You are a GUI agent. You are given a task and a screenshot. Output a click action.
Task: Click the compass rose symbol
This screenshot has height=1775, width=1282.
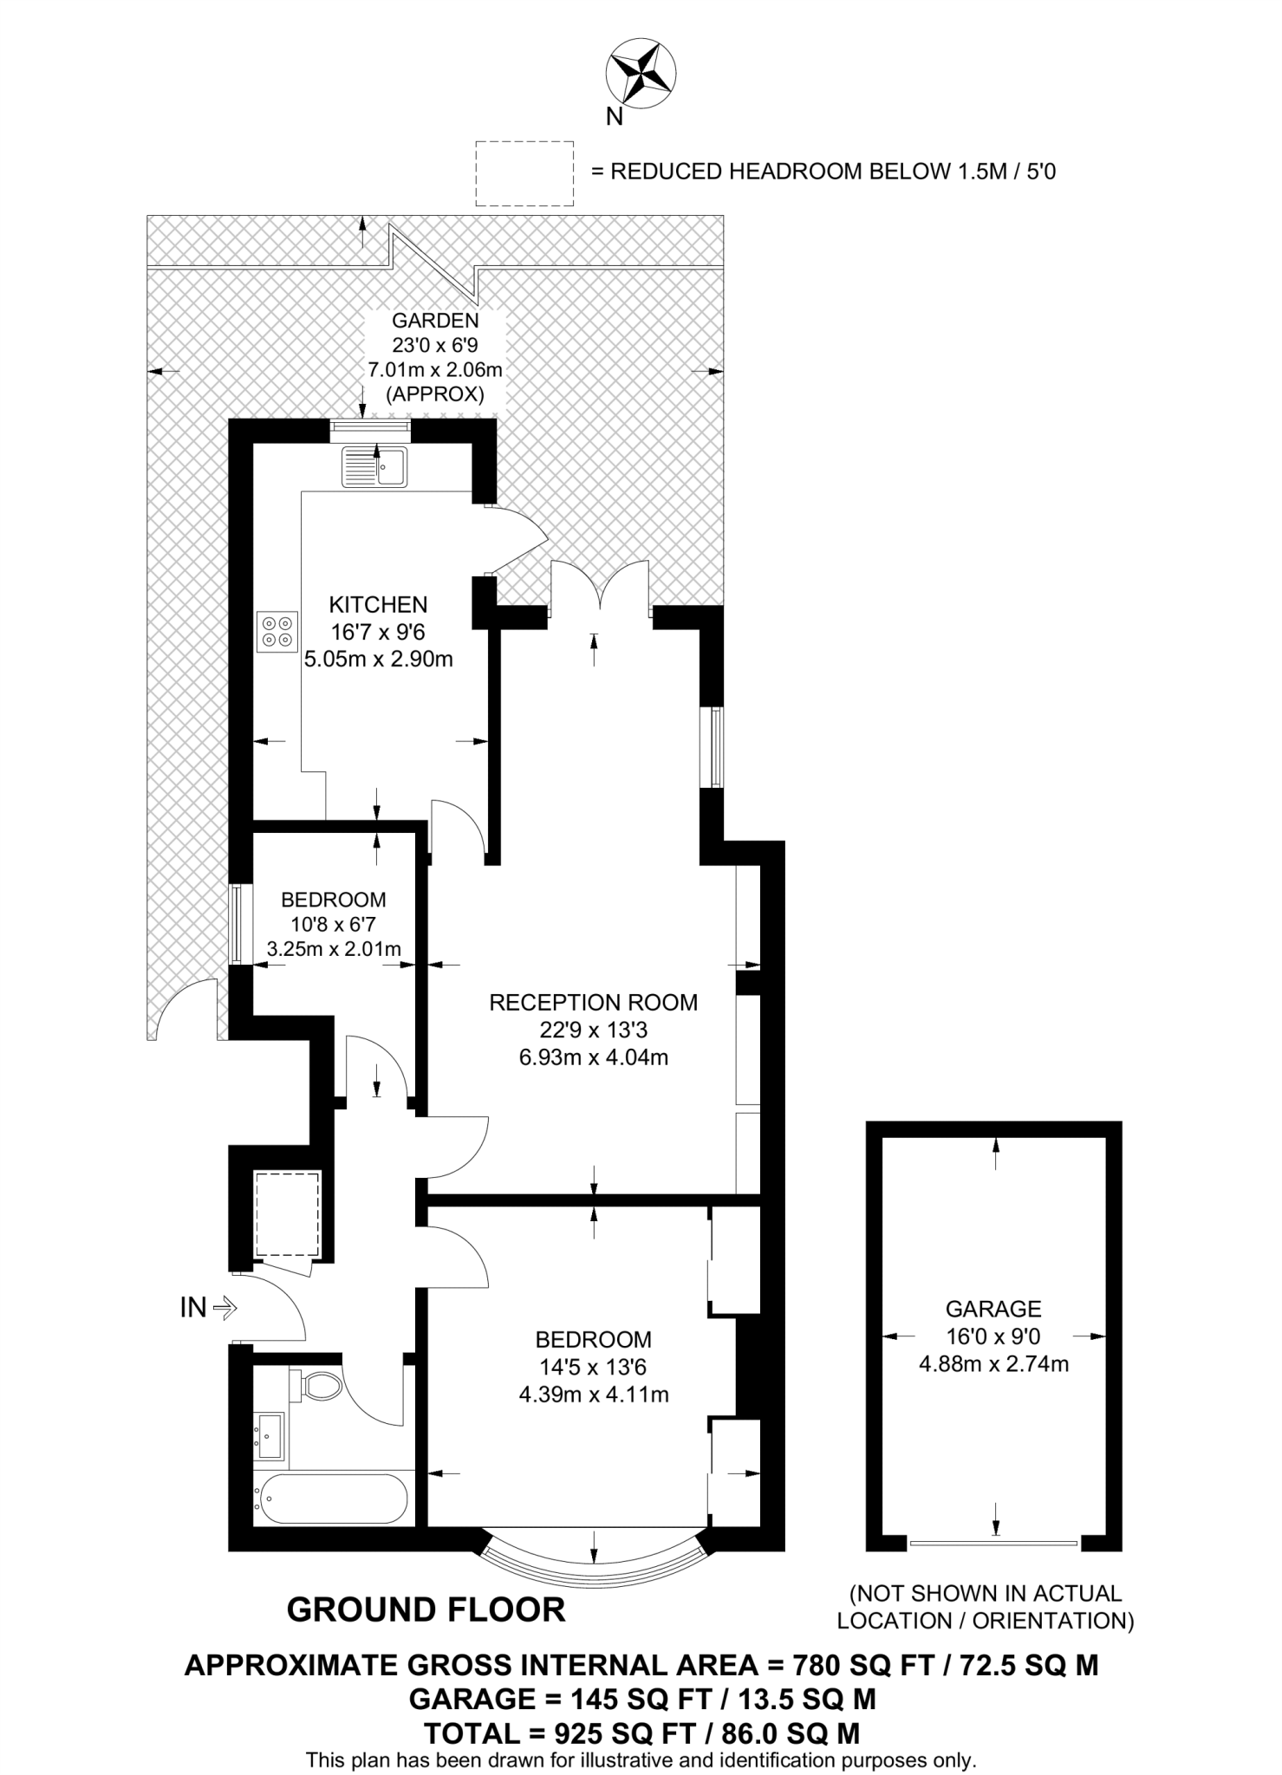point(641,75)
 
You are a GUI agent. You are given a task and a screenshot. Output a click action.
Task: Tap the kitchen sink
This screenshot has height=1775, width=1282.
point(374,466)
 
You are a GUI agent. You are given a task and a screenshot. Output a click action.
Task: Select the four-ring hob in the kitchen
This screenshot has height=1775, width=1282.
point(277,631)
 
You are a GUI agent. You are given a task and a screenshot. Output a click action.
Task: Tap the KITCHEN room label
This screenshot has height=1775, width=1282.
point(378,604)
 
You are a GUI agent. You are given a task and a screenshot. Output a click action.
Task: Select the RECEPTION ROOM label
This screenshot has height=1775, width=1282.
point(593,1003)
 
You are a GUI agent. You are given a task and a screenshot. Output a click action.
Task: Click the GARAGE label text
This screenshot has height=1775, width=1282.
point(993,1309)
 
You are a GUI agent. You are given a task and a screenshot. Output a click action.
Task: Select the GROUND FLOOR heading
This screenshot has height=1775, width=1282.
point(426,1609)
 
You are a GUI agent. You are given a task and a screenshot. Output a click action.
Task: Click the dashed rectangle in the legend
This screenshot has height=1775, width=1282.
point(524,173)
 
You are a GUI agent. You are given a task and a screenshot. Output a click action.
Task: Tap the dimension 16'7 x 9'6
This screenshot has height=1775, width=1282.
point(378,632)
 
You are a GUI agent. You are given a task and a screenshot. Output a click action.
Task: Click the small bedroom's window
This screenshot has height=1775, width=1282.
point(236,923)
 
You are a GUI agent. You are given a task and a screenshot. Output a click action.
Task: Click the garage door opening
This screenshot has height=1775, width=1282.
point(993,1543)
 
